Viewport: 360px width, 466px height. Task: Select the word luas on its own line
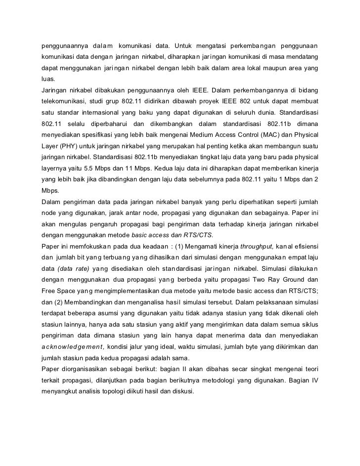[48, 78]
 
